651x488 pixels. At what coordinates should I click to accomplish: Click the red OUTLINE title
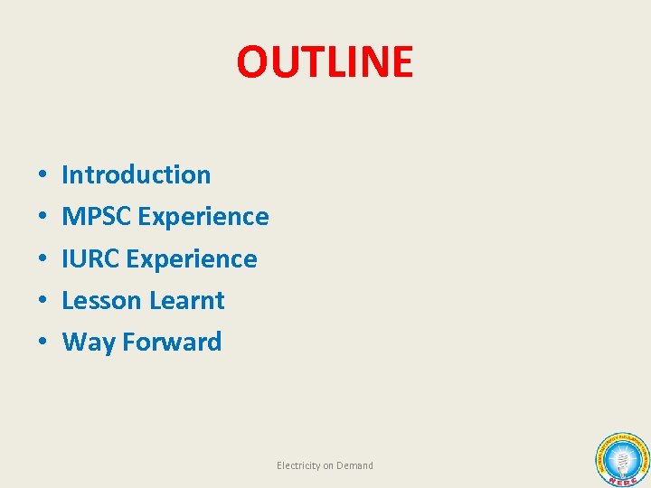tap(325, 61)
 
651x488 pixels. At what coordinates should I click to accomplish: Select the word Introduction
tap(136, 174)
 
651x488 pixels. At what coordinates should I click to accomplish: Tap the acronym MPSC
tap(97, 217)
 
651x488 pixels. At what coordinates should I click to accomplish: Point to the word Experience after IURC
tap(192, 258)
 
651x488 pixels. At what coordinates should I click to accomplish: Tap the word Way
tap(88, 342)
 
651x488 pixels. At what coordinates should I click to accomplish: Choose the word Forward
tap(172, 342)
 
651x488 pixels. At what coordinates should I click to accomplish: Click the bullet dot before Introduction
tap(43, 175)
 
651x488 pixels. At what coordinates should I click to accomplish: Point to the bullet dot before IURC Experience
tap(43, 259)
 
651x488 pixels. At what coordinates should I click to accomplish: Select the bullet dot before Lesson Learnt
tap(43, 301)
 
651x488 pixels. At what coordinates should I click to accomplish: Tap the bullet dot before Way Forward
tap(43, 343)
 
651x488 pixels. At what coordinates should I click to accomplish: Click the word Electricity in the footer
tap(297, 465)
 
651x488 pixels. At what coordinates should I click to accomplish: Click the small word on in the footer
tap(328, 465)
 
